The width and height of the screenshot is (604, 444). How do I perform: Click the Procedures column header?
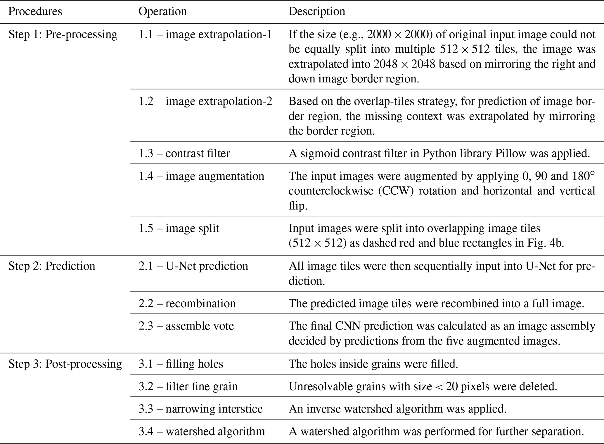point(35,11)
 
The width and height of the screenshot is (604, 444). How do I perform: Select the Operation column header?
point(162,11)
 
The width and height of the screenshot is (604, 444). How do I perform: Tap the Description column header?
point(317,11)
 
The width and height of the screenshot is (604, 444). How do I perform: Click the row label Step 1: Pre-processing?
point(63,34)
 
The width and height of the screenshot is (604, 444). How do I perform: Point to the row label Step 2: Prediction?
point(52,266)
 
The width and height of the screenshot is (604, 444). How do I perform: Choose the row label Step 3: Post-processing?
point(65,364)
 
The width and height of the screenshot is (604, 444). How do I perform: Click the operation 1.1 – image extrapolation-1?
point(205,34)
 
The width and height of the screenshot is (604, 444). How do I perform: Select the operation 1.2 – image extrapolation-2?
point(205,101)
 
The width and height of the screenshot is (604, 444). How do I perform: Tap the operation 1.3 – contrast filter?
point(184,153)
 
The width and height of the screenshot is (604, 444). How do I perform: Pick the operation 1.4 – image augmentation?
point(201,176)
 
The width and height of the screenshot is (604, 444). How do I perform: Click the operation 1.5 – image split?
point(179,228)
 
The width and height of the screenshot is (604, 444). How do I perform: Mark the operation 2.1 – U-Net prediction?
point(193,266)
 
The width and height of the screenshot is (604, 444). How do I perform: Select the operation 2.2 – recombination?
point(187,303)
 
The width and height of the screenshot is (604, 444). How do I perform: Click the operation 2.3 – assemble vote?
point(186,326)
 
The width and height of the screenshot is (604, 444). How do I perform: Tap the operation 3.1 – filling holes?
point(181,364)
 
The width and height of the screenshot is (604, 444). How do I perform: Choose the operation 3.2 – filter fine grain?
point(188,386)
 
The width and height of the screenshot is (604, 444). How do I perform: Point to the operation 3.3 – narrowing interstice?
point(200,409)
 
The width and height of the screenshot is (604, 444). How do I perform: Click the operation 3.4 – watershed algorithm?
point(202,431)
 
